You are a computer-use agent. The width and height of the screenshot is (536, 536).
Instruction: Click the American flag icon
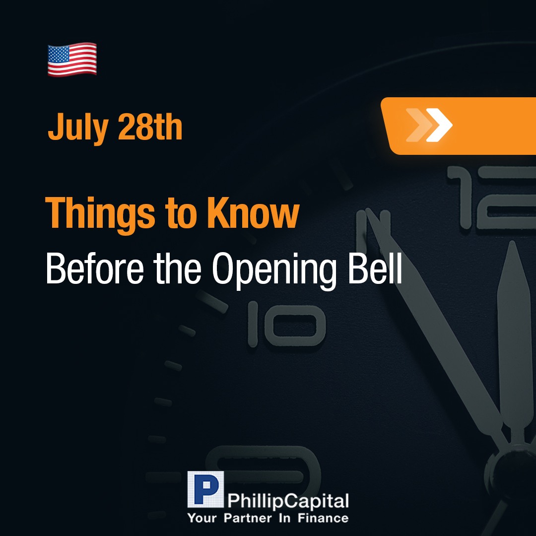click(x=72, y=60)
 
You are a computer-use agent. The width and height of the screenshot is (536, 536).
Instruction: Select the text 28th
click(x=150, y=127)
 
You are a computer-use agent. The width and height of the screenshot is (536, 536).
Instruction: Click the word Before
click(x=95, y=268)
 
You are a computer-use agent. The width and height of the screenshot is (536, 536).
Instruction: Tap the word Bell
click(x=375, y=268)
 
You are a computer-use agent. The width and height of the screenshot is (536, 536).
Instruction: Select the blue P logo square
click(x=205, y=489)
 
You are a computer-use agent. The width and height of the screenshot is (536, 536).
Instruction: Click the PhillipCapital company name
click(x=288, y=501)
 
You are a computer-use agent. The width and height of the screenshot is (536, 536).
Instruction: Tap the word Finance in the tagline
click(x=323, y=518)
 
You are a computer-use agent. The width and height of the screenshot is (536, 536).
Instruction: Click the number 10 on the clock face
click(x=286, y=324)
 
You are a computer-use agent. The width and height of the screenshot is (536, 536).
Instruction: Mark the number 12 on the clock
click(x=492, y=198)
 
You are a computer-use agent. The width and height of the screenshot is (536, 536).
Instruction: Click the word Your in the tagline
click(x=202, y=518)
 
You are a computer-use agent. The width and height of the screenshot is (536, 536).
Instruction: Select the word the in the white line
click(x=177, y=268)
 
